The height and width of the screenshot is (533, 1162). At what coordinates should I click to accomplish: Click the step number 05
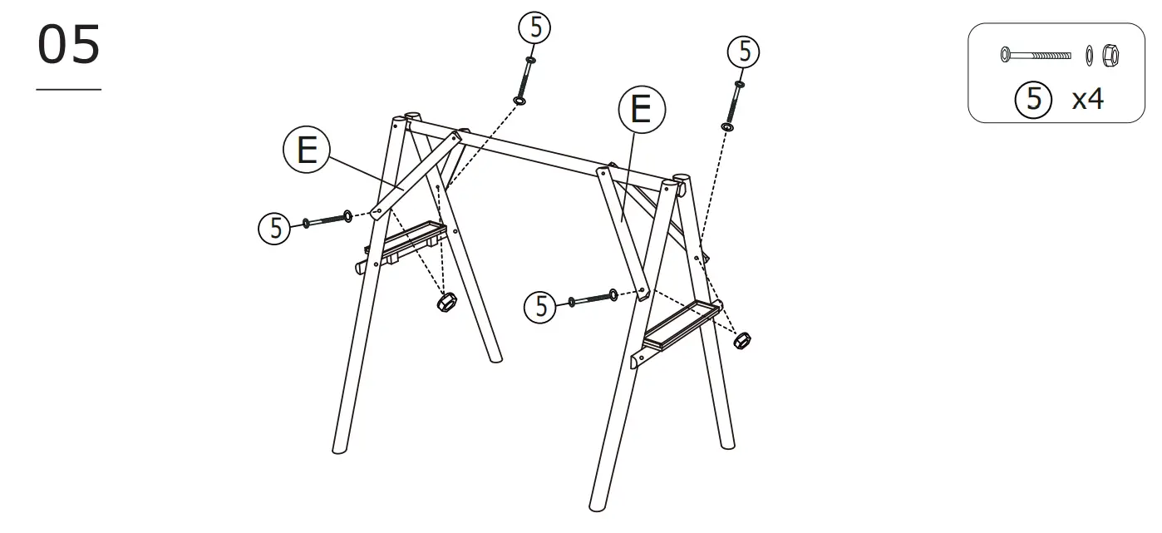tap(69, 46)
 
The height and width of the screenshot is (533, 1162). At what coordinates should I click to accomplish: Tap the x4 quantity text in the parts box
tap(1087, 99)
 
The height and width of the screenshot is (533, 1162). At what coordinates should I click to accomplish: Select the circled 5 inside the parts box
tap(1033, 99)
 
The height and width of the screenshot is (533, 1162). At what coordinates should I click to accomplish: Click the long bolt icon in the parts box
tap(1036, 55)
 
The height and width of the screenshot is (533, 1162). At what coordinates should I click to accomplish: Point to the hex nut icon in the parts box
tap(1108, 56)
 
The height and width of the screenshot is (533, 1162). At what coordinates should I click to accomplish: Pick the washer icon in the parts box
tap(1089, 56)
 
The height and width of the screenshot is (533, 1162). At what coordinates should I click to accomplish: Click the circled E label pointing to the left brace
tap(307, 151)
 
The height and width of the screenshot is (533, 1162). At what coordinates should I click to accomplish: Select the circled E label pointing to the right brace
tap(642, 109)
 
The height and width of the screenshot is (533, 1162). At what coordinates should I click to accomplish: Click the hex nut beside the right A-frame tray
tap(741, 340)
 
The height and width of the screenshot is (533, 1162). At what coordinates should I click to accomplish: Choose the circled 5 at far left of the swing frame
tap(275, 226)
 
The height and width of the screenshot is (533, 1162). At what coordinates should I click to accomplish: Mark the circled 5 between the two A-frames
tap(541, 307)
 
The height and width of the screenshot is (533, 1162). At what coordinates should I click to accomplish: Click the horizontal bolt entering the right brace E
tap(592, 298)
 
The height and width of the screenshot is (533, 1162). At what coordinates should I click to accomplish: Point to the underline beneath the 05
tap(69, 89)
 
